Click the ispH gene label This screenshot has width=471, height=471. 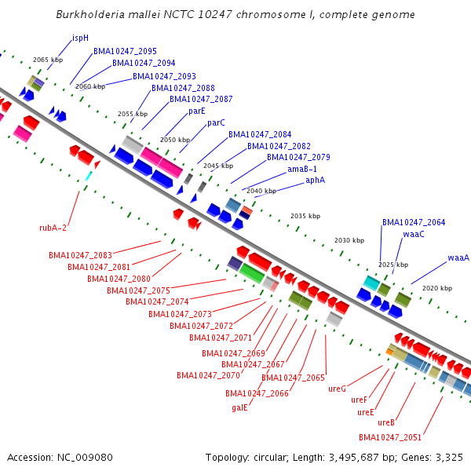[80, 38]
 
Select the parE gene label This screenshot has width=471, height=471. [197, 111]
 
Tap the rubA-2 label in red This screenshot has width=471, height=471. [53, 228]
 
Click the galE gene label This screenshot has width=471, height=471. [239, 407]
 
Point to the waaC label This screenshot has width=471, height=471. [414, 234]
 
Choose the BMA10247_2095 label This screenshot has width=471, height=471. [125, 51]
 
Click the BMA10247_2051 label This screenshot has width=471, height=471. [390, 437]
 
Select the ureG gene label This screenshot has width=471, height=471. [337, 389]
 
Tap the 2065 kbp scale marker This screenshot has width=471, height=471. [48, 60]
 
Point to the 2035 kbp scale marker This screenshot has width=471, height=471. [305, 216]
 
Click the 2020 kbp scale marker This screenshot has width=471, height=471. [437, 288]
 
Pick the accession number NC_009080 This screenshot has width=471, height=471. [85, 458]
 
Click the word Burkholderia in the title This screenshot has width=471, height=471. [90, 14]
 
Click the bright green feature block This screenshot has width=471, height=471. [252, 273]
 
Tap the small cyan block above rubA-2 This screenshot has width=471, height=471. [89, 176]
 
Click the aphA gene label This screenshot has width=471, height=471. [315, 180]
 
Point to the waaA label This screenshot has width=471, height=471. [458, 257]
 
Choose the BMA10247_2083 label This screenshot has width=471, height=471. [80, 255]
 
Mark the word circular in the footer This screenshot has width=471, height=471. [271, 458]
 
